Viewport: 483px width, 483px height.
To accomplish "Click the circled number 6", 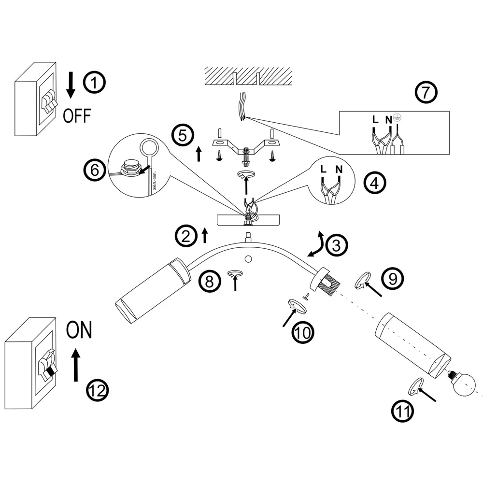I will [93, 170].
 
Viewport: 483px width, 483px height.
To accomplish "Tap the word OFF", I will [77, 115].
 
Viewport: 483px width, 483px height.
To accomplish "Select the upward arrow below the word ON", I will [75, 365].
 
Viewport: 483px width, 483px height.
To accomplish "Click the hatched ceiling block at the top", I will [248, 75].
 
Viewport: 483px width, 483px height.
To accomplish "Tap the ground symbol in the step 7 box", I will [397, 117].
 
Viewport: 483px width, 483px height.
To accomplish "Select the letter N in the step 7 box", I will [389, 119].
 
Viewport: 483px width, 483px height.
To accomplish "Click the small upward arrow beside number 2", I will [204, 235].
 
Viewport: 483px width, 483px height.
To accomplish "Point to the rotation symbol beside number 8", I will [234, 274].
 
